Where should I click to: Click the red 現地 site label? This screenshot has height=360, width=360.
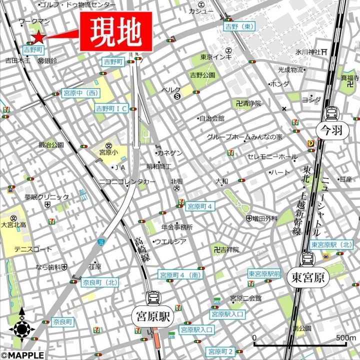pos(115,32)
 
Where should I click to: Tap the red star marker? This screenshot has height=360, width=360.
pos(38,36)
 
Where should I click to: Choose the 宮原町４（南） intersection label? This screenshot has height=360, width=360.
pos(180,275)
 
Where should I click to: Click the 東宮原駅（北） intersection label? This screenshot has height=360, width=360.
pos(331,245)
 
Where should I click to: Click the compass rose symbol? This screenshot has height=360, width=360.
pos(22,329)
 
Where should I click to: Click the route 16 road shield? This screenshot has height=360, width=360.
pos(101,242)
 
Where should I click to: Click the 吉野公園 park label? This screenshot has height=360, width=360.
pos(202,75)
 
